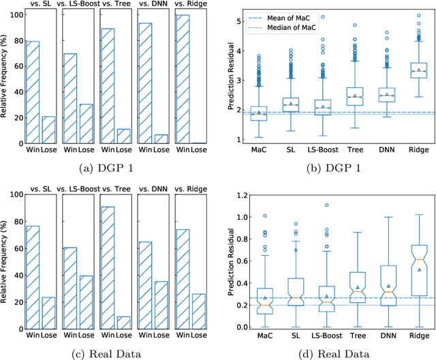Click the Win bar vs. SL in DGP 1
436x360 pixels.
click(x=32, y=93)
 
